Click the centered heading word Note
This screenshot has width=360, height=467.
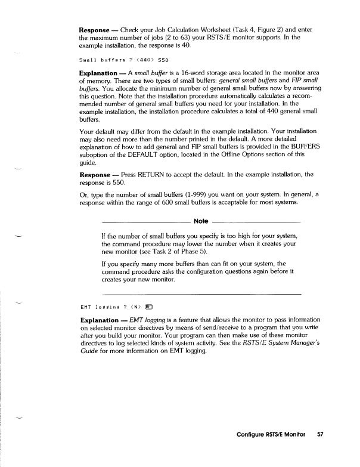(201, 222)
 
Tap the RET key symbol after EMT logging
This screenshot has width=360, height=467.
(150, 308)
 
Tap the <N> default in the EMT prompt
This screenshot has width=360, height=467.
(135, 308)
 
